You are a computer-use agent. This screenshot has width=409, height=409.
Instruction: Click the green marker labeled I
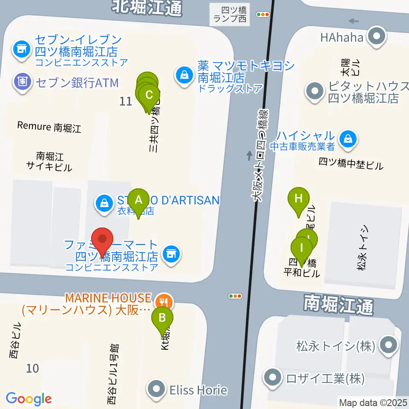(x=302, y=248)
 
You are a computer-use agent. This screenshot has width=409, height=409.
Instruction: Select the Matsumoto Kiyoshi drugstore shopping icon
(x=184, y=75)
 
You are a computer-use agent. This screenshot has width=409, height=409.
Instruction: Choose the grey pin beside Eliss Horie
(x=156, y=389)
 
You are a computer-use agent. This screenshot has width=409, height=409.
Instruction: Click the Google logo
(x=29, y=399)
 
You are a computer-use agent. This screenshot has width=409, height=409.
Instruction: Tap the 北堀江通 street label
(x=147, y=7)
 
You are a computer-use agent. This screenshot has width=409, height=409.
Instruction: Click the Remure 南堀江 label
(x=49, y=127)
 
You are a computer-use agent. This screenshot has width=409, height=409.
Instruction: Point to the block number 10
(x=32, y=368)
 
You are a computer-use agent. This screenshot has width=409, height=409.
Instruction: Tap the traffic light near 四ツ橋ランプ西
(x=263, y=14)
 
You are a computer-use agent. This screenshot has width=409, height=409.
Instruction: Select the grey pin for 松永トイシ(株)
(x=389, y=345)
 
